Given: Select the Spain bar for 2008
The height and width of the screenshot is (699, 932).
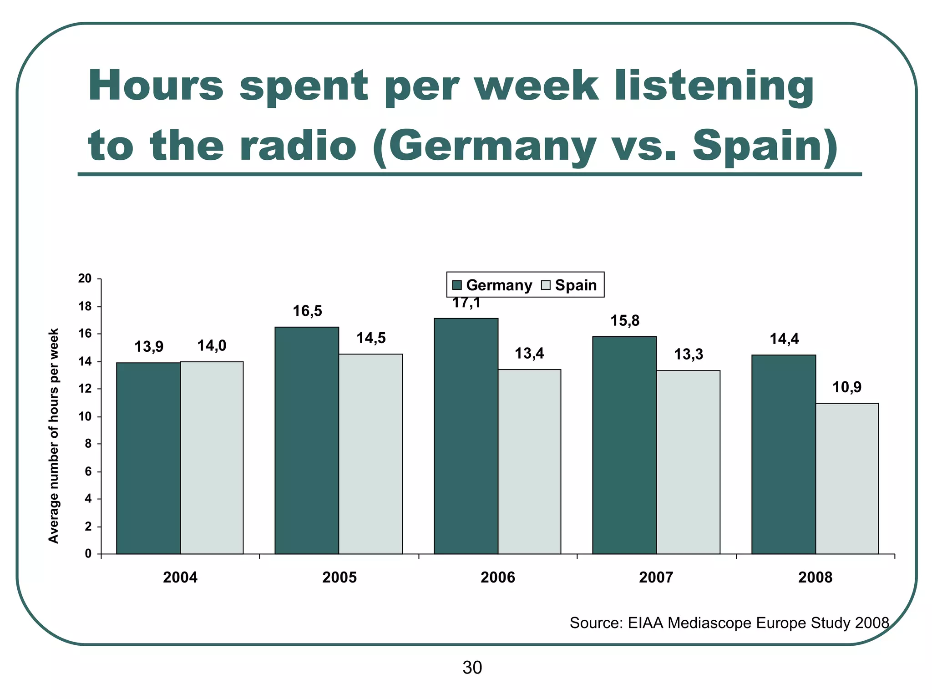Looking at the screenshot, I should [847, 478].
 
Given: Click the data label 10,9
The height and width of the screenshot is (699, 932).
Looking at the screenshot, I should [847, 387].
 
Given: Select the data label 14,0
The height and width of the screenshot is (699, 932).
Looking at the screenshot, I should [212, 346].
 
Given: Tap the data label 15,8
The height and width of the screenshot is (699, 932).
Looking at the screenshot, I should [625, 321].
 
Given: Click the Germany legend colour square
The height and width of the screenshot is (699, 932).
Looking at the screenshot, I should [457, 286].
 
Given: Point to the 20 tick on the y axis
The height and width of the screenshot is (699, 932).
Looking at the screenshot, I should [85, 279].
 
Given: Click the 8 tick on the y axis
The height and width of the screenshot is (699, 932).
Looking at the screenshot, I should [88, 444].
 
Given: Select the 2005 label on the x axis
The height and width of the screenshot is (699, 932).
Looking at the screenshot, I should [339, 577].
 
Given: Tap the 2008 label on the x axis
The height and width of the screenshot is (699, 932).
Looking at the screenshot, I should [815, 577].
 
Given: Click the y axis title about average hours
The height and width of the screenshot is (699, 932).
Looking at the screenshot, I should [54, 436].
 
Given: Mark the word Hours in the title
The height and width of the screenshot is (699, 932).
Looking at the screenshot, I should [156, 86].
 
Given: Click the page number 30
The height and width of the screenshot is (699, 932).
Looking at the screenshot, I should [472, 668].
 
